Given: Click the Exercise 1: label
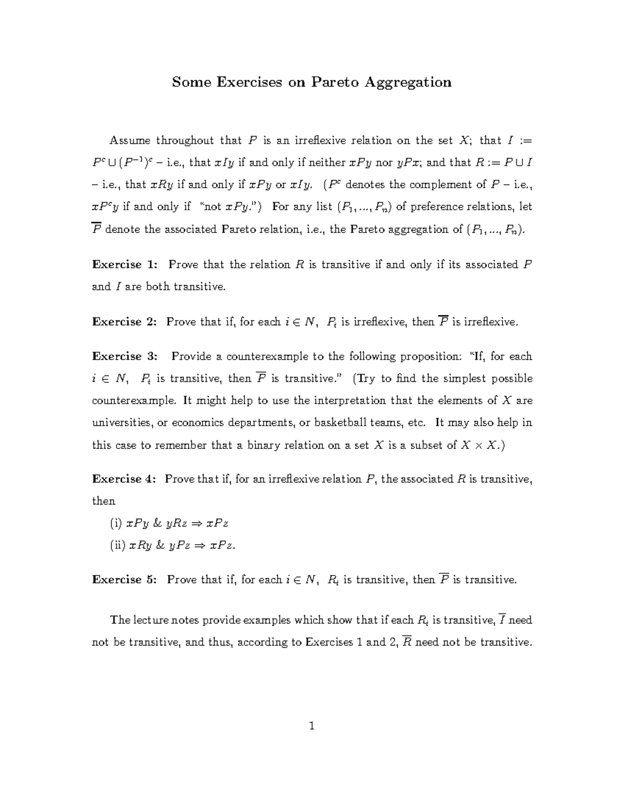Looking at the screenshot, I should pos(124,264).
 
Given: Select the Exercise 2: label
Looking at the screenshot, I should pos(124,322).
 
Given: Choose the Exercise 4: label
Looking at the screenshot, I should pos(124,479).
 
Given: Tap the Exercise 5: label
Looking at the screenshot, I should pos(124,580).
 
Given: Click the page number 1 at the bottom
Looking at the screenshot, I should pos(312,726).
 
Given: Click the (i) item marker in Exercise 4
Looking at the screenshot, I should pos(115,523).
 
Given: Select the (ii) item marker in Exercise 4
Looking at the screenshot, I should pos(117,545).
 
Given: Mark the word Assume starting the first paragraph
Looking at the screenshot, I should pos(130,140).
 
